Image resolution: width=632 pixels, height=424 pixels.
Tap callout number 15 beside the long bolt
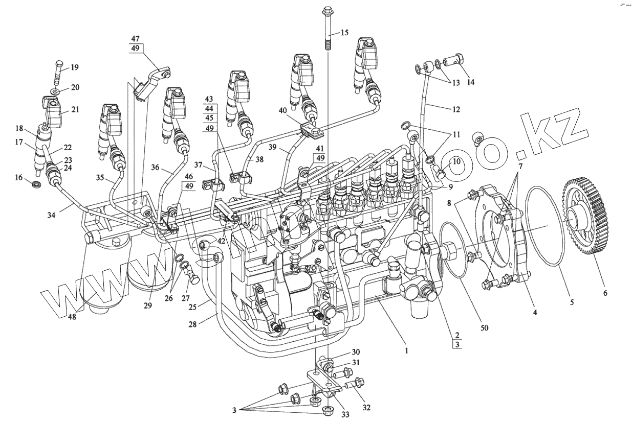344,33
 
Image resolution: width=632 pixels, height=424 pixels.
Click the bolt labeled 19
57,72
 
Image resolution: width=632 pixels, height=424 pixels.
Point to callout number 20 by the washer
75,87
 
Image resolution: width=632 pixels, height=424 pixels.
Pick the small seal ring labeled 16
36,183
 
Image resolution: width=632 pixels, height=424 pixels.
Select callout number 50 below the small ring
484,327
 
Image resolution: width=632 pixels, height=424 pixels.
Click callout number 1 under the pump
406,351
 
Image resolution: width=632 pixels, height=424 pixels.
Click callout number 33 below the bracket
345,414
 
